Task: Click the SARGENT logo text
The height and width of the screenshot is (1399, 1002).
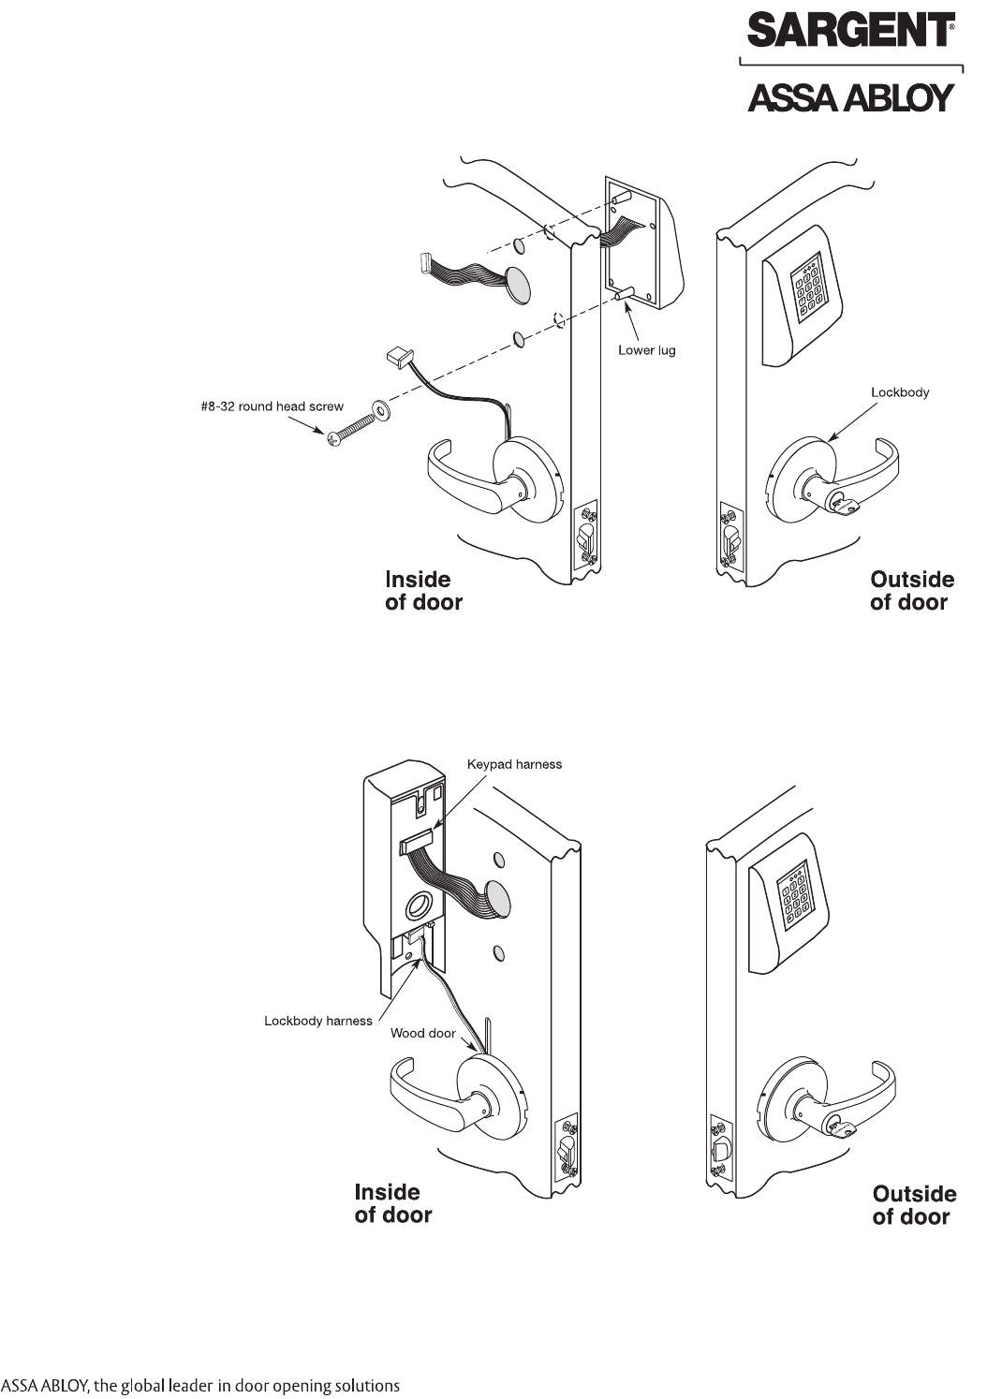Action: (849, 31)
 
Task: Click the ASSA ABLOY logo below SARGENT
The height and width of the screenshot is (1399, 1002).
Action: (850, 97)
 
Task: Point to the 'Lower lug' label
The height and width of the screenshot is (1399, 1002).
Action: (646, 350)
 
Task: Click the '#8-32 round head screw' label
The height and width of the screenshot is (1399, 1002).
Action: (263, 406)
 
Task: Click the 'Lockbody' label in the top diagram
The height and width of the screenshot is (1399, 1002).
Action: (899, 392)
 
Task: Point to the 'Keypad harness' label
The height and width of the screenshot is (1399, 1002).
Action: (514, 764)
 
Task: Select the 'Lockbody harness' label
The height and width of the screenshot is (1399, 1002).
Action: (317, 1021)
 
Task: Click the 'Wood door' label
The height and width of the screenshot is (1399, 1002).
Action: (422, 1033)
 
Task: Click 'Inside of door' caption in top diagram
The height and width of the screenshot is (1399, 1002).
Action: (423, 591)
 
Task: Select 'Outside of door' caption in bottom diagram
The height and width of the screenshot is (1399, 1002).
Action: (914, 1205)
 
